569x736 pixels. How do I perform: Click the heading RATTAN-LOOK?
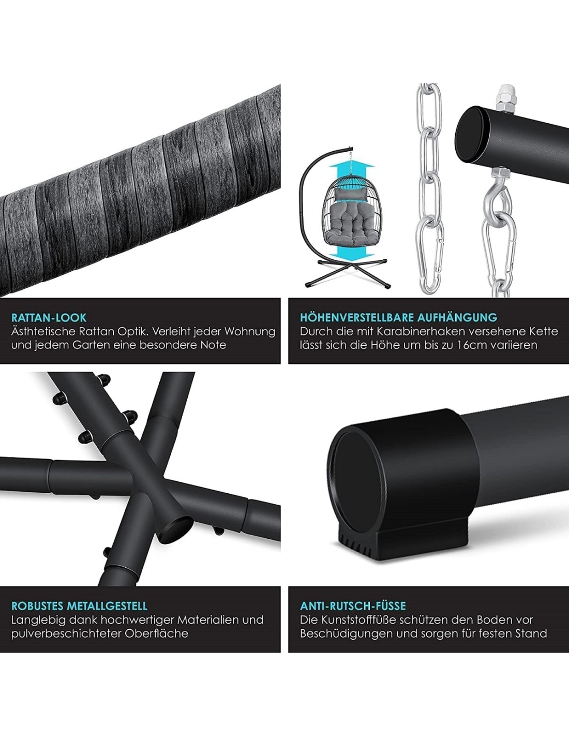coord(49,318)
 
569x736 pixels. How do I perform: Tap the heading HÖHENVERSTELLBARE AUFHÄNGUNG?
coord(398,317)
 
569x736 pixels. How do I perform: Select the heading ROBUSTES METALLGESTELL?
coord(79,606)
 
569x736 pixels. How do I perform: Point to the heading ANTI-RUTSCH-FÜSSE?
coord(353,605)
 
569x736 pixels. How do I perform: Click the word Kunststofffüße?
coord(363,620)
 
